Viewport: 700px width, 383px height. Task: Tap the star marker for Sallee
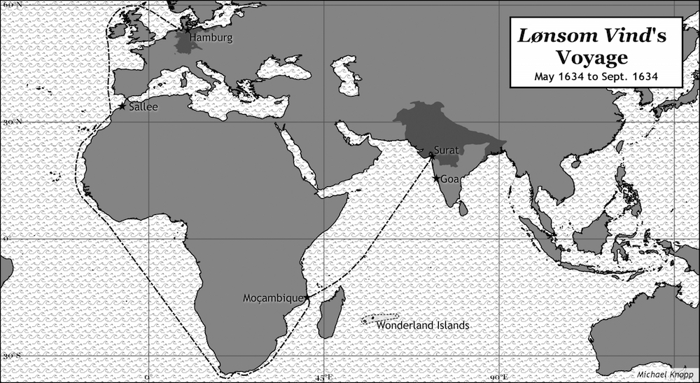122,106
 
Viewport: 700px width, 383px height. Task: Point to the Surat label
446,149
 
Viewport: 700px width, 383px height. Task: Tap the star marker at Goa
436,179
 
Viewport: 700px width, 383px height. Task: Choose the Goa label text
449,179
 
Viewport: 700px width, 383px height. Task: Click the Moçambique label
273,298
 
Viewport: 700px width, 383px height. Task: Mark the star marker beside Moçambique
307,298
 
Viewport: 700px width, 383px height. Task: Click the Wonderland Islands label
422,326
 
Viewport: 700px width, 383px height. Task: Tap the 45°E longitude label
323,378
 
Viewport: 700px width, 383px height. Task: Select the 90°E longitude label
498,378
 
